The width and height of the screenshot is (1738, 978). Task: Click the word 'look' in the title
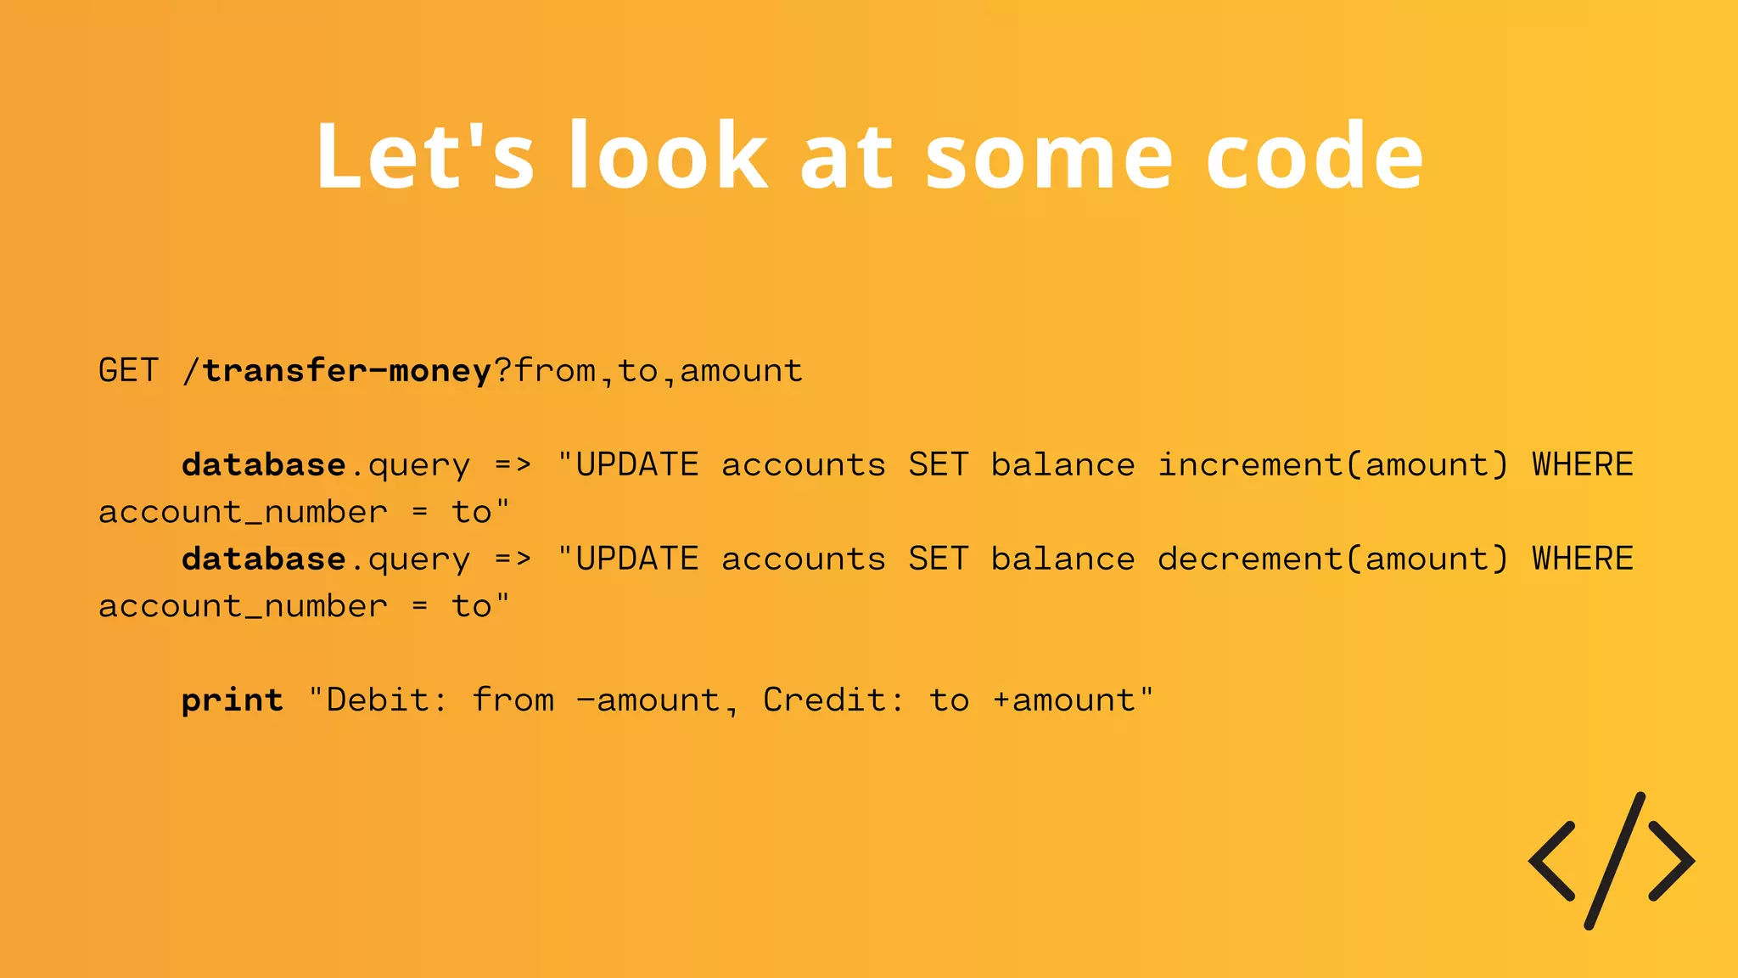coord(668,156)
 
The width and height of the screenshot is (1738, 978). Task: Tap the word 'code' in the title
coord(1314,156)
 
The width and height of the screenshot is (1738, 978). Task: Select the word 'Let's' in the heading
coord(424,156)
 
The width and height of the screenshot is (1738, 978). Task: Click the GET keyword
coord(128,371)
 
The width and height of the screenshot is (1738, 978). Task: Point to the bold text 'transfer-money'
coord(347,371)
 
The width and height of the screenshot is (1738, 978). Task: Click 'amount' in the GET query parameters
coord(741,371)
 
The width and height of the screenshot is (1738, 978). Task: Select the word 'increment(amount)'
coord(1333,465)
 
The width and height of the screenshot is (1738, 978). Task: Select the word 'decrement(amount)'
coord(1333,559)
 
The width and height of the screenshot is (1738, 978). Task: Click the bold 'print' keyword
coord(233,701)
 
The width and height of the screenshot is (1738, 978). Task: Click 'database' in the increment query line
coord(264,465)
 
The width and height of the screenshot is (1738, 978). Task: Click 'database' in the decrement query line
coord(264,559)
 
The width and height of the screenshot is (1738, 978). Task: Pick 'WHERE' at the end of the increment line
coord(1582,465)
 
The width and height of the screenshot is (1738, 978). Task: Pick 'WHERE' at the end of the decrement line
coord(1582,559)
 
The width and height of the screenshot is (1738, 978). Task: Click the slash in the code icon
coord(1615,861)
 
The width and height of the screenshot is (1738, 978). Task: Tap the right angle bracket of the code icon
coord(1672,861)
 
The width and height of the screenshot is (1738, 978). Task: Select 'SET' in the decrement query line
coord(938,559)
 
